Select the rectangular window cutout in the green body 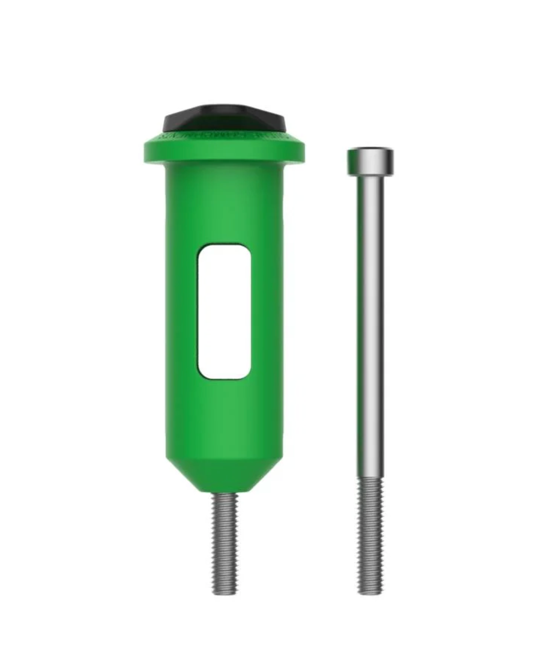[x=224, y=311]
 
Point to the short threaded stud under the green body [x=224, y=540]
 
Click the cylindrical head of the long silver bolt [x=370, y=162]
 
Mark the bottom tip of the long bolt [x=370, y=592]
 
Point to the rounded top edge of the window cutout [x=224, y=246]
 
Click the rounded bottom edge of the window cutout [x=224, y=377]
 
